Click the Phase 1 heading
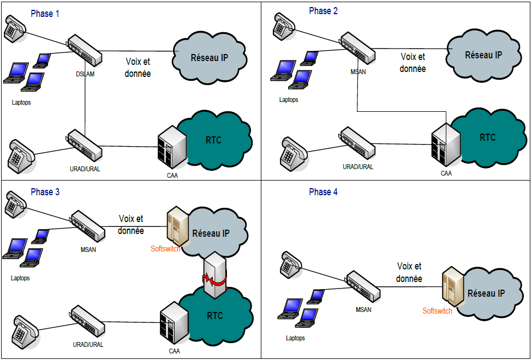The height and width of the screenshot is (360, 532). click(x=45, y=14)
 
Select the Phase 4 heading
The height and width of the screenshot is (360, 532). click(x=323, y=192)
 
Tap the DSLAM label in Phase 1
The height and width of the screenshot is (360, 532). click(x=86, y=74)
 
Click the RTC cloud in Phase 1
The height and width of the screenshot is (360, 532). click(x=218, y=140)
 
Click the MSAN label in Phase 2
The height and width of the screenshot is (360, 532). click(x=358, y=71)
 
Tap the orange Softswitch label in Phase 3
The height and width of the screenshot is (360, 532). click(x=165, y=249)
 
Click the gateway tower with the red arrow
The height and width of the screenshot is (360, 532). click(x=214, y=277)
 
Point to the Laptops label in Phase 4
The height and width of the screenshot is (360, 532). click(x=295, y=338)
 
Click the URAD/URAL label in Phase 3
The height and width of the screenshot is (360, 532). click(x=88, y=345)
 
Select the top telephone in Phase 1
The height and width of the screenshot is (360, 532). click(x=14, y=28)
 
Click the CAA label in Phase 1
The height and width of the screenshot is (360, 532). click(x=172, y=176)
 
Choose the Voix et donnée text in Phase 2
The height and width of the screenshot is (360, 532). click(x=413, y=63)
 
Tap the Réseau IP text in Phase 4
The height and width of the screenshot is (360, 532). click(x=486, y=293)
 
